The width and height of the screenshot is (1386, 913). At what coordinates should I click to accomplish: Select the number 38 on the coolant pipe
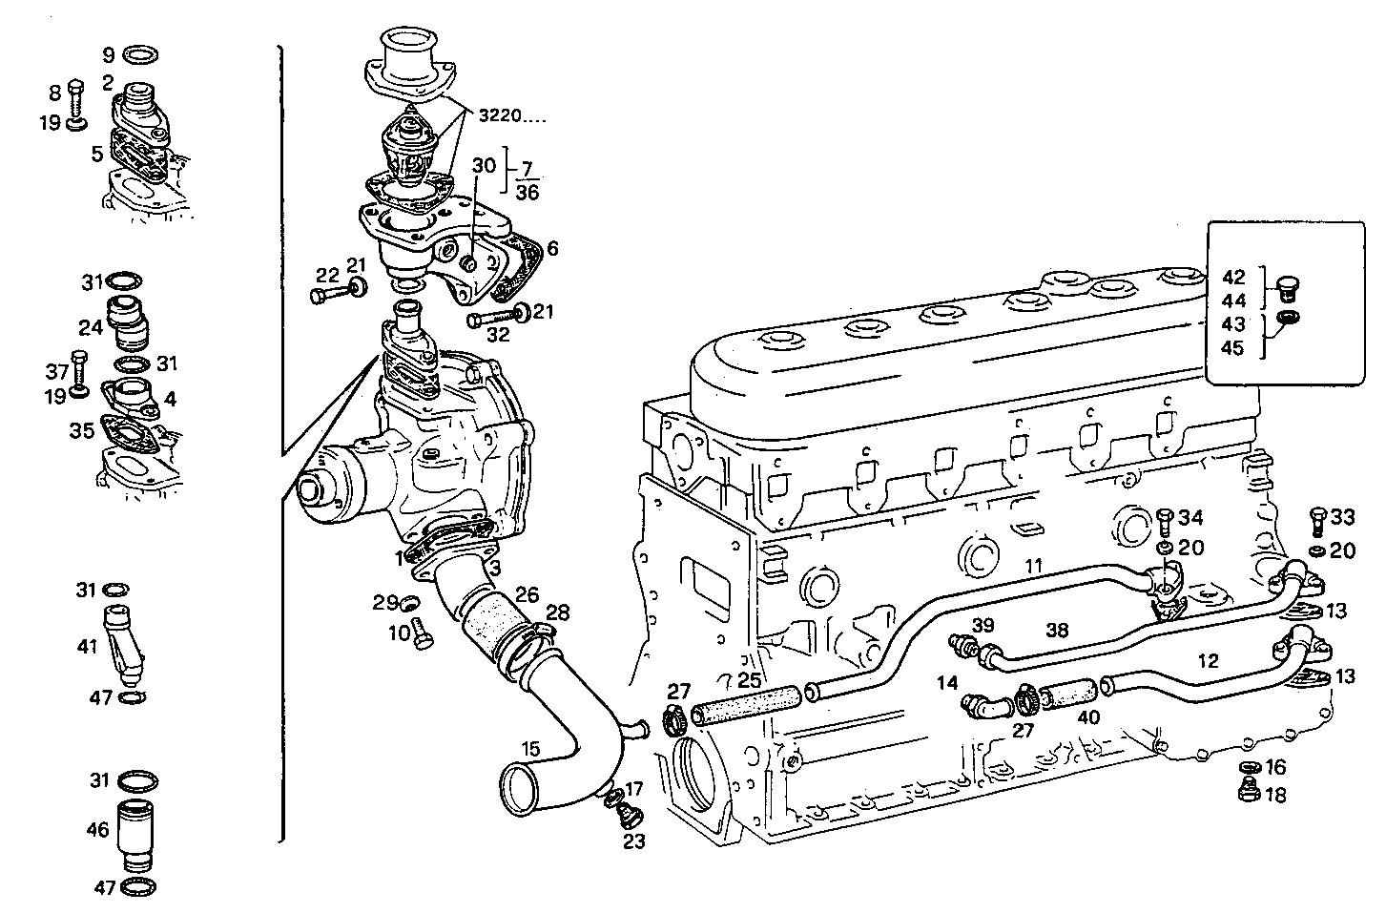pos(1057,631)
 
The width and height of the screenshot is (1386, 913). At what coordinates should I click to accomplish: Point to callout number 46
pos(98,830)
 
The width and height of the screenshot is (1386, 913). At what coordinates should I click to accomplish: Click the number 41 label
pos(88,647)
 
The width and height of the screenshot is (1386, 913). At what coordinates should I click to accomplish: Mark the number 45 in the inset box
pos(1232,348)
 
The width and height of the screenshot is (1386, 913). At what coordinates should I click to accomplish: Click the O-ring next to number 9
pos(142,52)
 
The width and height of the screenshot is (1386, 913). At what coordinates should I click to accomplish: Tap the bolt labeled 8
pos(78,97)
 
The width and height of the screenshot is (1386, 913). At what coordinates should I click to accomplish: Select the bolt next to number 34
pos(1166,521)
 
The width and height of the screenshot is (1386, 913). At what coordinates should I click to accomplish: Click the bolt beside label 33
pos(1316,520)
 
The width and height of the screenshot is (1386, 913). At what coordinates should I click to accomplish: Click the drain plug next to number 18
pos(1247,790)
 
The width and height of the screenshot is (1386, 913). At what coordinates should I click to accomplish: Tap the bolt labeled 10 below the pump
pos(423,633)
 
